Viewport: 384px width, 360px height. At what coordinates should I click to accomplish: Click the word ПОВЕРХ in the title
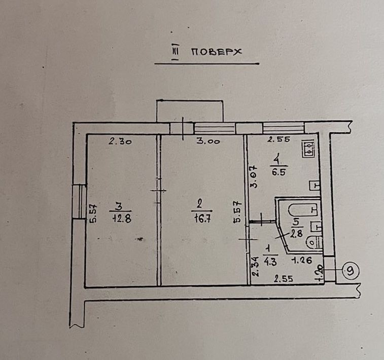point(216,52)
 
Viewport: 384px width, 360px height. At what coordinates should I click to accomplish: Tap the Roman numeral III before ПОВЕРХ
point(176,52)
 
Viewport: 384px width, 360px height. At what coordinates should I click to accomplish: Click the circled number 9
point(351,271)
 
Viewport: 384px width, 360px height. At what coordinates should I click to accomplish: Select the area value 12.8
point(122,219)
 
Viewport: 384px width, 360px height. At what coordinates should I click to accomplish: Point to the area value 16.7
point(202,219)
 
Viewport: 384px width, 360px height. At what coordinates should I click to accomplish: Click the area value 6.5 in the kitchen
point(278,172)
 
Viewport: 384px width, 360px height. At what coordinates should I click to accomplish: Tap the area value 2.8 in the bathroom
point(297,234)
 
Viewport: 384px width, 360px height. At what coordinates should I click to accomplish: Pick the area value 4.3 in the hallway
point(270,262)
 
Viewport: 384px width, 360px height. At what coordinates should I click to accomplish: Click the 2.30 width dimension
point(120,141)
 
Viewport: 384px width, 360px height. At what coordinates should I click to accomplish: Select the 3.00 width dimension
point(208,141)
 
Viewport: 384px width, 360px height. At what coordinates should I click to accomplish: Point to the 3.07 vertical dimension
point(254,176)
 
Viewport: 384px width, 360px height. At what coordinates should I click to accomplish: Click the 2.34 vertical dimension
point(255,266)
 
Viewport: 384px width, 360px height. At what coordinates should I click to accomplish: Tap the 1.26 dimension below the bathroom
point(302,260)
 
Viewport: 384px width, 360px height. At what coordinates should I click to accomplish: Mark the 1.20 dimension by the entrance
point(320,274)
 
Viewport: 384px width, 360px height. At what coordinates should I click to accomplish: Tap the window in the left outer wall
point(80,201)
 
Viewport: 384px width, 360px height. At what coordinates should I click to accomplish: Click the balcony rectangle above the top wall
point(190,111)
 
